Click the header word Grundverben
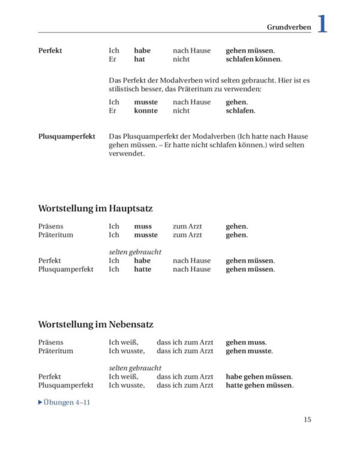(289, 27)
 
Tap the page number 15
(307, 419)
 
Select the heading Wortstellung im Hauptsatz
(95, 208)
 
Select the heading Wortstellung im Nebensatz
(95, 324)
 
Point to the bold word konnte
(146, 111)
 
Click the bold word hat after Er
(139, 59)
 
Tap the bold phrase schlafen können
(253, 59)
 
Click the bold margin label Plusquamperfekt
(66, 137)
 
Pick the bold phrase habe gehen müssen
(259, 377)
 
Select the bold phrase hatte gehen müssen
(259, 385)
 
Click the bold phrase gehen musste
(249, 351)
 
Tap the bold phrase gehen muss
(245, 342)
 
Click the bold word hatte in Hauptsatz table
(143, 269)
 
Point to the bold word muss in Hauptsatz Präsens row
(143, 226)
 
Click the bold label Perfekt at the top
(50, 51)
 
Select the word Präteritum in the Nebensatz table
(55, 351)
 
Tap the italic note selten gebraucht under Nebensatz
(135, 368)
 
